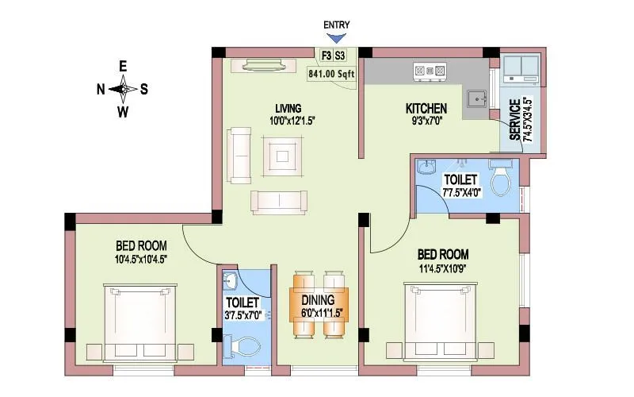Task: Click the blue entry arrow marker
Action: pos(337,37)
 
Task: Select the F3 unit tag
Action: pos(325,56)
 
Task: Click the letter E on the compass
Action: pos(123,66)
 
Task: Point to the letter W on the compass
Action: pos(123,111)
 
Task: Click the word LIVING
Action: pos(288,108)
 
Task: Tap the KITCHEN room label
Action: pos(426,108)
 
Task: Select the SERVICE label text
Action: pos(514,120)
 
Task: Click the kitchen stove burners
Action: pos(430,71)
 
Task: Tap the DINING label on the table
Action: pos(323,301)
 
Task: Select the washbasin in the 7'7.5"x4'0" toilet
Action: pos(428,168)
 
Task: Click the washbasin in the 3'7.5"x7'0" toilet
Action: pos(231,282)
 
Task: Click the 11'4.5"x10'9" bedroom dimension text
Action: pos(443,268)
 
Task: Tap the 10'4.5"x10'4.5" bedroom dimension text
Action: pos(140,258)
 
